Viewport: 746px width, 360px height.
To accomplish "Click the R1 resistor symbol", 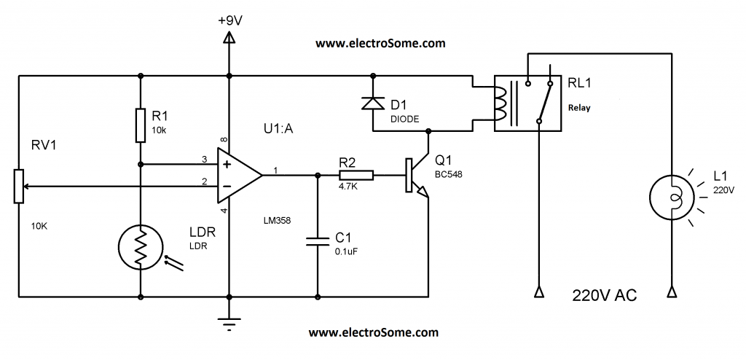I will (x=140, y=125).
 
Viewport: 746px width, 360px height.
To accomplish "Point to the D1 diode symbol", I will (x=374, y=103).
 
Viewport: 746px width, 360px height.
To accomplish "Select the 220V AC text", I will (x=605, y=297).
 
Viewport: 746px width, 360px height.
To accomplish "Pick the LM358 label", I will (x=278, y=219).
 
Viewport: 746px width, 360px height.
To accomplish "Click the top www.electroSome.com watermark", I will (x=380, y=44).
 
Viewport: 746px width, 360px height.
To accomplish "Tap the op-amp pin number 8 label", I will (x=224, y=138).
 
